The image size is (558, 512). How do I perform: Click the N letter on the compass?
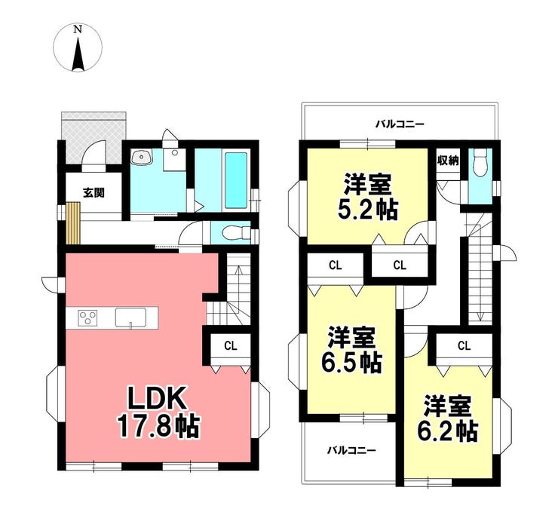click(x=78, y=29)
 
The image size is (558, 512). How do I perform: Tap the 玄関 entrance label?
click(x=94, y=193)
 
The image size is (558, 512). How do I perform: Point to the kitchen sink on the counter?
click(x=130, y=317)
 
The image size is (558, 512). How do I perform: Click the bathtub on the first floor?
click(x=235, y=181)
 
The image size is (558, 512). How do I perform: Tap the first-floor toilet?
click(x=236, y=233)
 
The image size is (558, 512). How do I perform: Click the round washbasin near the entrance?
click(x=142, y=157)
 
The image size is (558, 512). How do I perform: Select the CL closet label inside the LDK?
click(x=231, y=345)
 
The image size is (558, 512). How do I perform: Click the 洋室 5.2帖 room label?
click(x=367, y=196)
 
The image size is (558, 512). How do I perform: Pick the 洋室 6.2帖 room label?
click(x=447, y=418)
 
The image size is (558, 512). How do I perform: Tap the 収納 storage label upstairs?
click(x=448, y=161)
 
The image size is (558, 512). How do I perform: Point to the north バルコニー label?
click(x=400, y=124)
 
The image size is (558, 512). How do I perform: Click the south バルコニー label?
click(x=351, y=451)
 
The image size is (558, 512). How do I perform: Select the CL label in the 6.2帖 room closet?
click(x=464, y=345)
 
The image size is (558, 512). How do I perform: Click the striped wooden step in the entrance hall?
click(x=73, y=223)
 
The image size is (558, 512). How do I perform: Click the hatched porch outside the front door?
click(x=94, y=137)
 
